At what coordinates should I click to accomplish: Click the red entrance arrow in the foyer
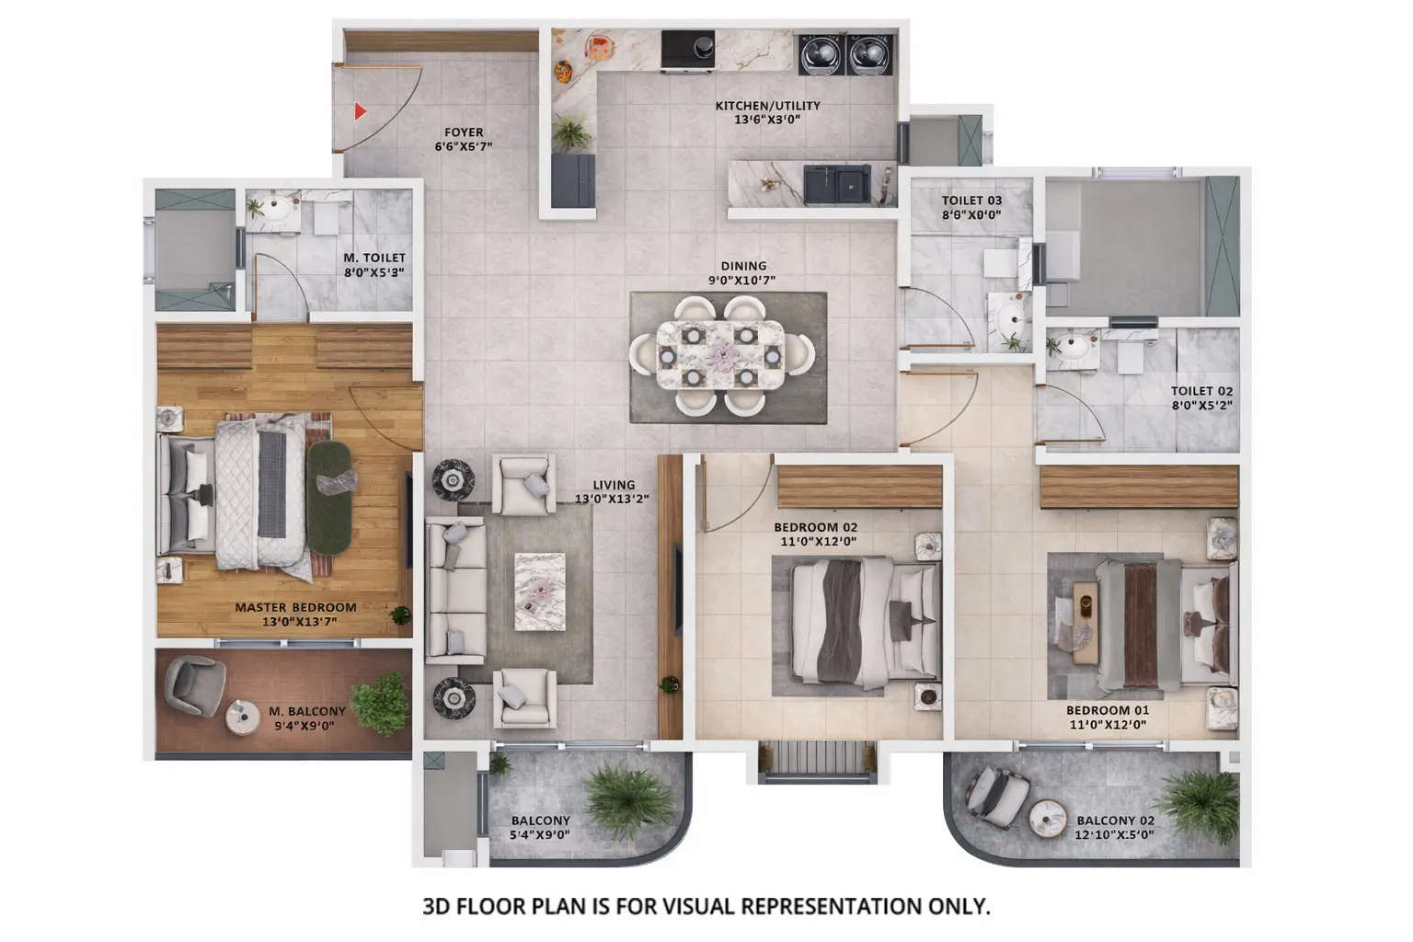[x=361, y=111]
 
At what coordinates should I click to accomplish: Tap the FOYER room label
[x=464, y=139]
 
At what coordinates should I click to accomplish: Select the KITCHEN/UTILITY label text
[x=767, y=112]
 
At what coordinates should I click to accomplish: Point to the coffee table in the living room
[x=539, y=591]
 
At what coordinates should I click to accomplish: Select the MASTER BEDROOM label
[x=295, y=614]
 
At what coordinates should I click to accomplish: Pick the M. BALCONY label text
[x=307, y=718]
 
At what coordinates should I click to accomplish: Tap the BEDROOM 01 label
[x=1108, y=717]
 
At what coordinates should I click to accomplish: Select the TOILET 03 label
[x=971, y=207]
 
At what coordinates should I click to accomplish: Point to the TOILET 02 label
[x=1201, y=397]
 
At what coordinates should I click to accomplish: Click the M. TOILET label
[x=373, y=265]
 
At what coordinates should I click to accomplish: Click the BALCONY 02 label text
[x=1115, y=827]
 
